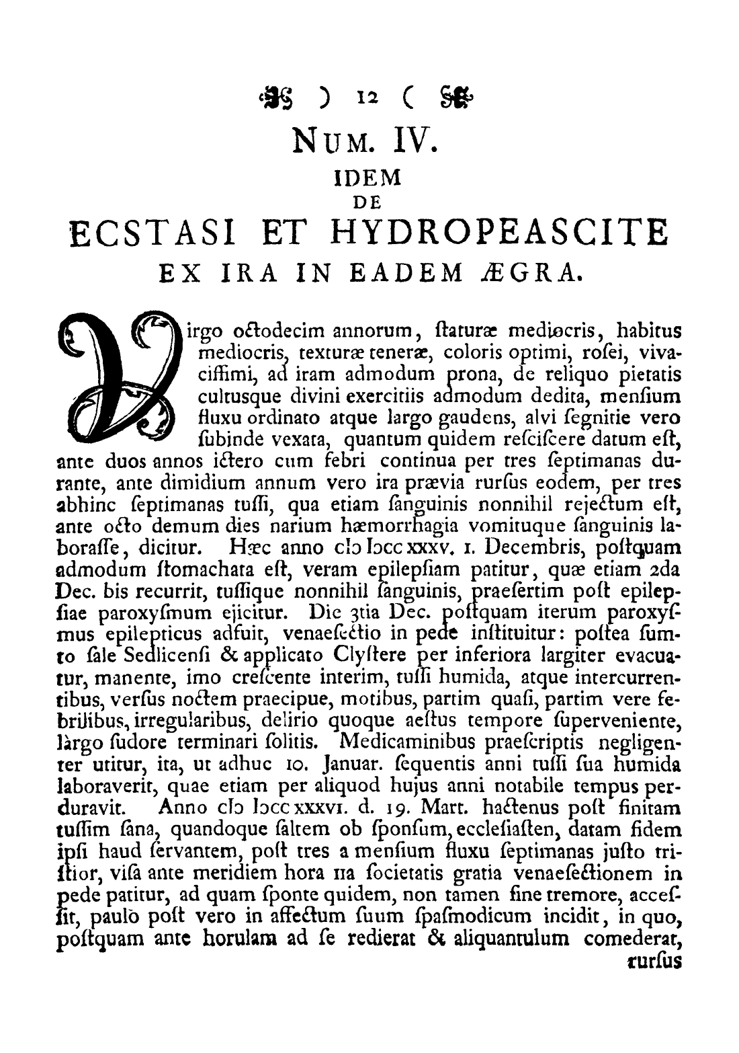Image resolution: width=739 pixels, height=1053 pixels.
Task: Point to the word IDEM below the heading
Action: pos(367,178)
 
